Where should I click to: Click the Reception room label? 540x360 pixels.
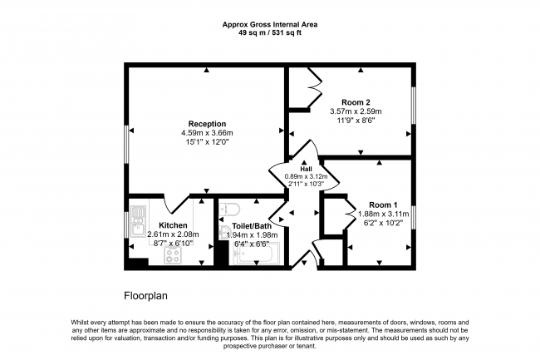(207, 124)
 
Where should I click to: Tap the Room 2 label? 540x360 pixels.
(356, 102)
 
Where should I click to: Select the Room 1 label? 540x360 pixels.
(383, 205)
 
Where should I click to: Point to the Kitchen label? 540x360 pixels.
(173, 225)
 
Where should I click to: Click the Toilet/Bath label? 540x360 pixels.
(252, 226)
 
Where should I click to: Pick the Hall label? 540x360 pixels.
(306, 169)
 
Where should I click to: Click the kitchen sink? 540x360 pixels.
(139, 221)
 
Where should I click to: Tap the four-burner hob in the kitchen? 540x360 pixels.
(173, 255)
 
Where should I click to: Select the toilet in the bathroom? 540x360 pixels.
(229, 209)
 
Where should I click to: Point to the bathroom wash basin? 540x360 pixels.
(224, 233)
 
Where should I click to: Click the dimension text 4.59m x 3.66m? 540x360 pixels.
(207, 133)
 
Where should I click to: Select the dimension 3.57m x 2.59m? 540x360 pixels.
(356, 111)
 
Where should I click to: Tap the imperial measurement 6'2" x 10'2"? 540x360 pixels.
(383, 223)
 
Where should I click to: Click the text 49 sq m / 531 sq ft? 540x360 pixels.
(270, 33)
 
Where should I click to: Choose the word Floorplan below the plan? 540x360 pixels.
(145, 296)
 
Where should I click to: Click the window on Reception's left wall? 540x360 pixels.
(126, 144)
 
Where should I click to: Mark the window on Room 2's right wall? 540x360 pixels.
(414, 105)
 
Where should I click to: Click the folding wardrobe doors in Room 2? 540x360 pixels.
(314, 87)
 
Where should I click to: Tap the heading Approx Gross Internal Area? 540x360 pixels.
(270, 24)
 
